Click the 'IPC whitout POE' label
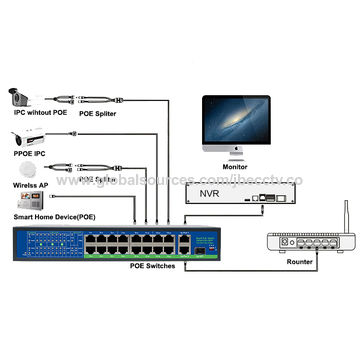click(42, 115)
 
